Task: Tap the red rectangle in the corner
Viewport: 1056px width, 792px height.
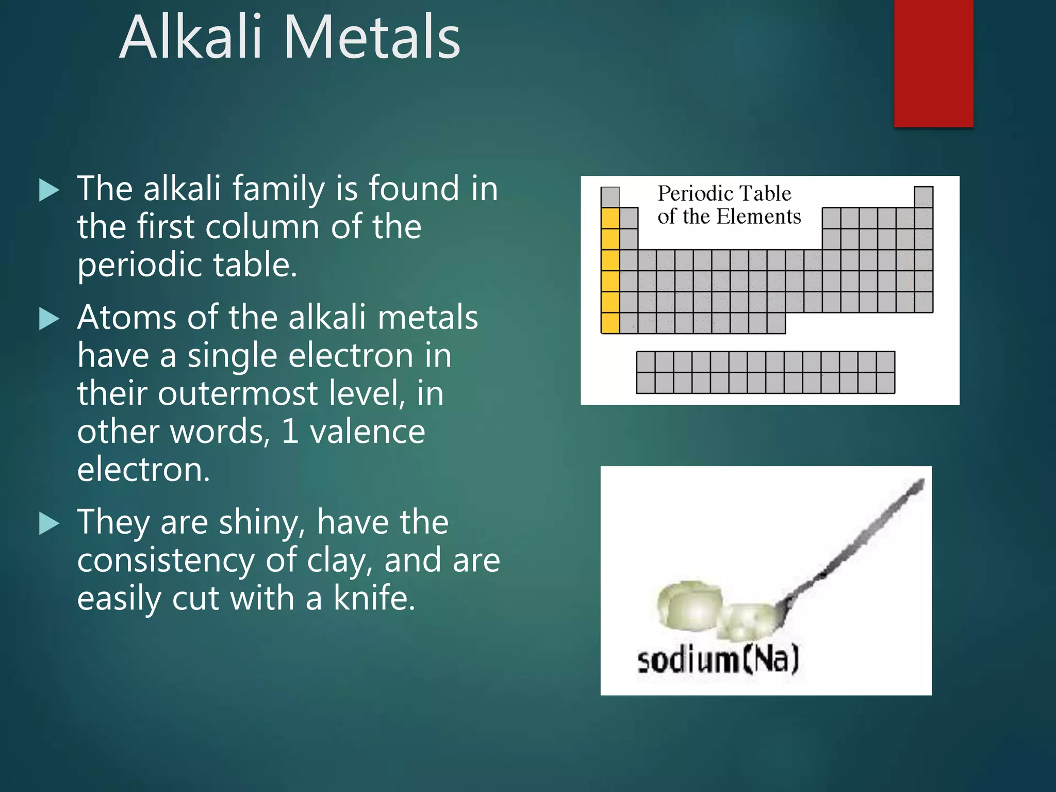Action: coord(933,63)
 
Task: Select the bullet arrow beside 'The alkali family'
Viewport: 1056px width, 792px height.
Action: coord(49,190)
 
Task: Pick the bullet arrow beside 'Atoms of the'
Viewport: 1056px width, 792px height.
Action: coord(49,319)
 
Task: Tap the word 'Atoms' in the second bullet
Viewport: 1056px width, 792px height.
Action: coord(127,317)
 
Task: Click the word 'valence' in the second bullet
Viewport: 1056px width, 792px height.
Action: coord(367,432)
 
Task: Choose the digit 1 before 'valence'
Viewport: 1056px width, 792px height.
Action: coord(290,432)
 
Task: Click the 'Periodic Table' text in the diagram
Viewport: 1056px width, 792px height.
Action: coord(724,194)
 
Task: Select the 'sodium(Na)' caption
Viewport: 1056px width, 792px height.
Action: coord(718,661)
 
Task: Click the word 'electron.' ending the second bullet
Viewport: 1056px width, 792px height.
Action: coord(143,470)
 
